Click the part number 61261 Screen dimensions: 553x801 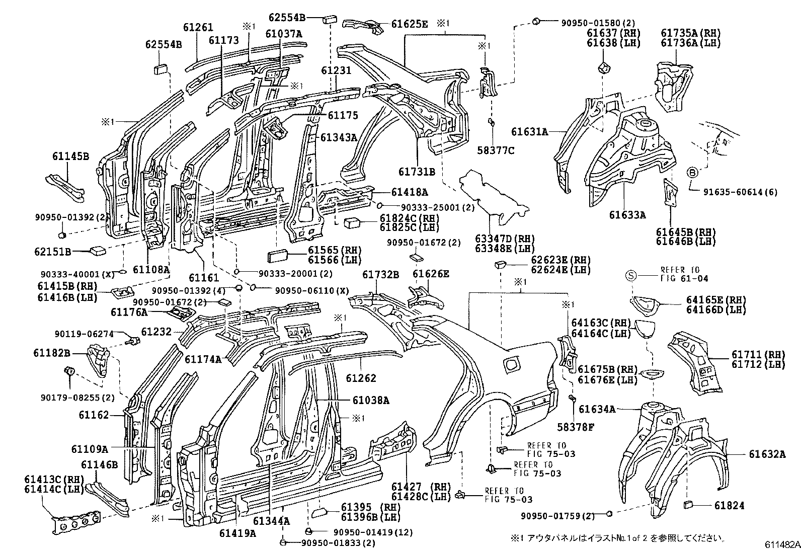[x=198, y=27]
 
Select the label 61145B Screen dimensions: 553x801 [x=70, y=156]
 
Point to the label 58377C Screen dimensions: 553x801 [x=496, y=150]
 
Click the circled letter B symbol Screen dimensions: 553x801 [x=692, y=173]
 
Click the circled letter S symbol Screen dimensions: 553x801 [x=631, y=275]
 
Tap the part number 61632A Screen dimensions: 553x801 [x=767, y=454]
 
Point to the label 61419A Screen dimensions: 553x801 [x=237, y=533]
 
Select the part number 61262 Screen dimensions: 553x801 [x=361, y=378]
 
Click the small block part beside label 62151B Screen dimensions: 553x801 [x=97, y=249]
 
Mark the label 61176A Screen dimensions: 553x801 [x=129, y=312]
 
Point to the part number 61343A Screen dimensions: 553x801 [x=338, y=137]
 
